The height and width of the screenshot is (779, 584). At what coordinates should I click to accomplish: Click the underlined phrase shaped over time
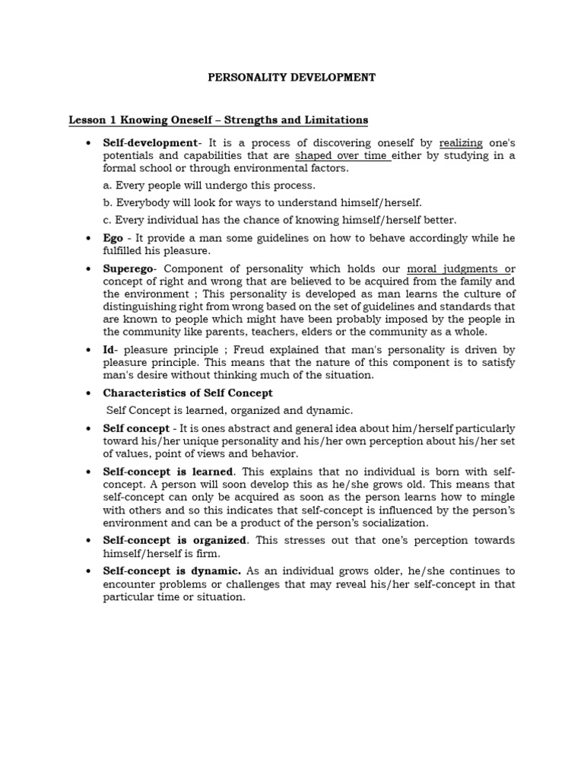(343, 155)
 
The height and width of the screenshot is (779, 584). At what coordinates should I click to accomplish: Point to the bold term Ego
(113, 238)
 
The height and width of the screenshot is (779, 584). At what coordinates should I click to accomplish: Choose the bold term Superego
(129, 269)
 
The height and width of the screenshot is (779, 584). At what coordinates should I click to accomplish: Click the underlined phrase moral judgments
(456, 269)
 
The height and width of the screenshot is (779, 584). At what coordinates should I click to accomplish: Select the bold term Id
(109, 349)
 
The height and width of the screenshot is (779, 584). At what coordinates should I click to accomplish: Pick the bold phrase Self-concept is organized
(175, 539)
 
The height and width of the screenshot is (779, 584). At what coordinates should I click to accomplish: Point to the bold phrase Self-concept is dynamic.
(173, 571)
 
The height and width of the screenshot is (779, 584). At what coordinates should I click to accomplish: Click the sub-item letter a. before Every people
(108, 186)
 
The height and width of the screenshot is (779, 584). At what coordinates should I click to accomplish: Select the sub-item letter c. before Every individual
(107, 221)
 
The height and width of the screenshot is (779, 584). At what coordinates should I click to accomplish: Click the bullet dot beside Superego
(89, 270)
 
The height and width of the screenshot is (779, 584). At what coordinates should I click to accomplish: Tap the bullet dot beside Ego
(89, 239)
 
